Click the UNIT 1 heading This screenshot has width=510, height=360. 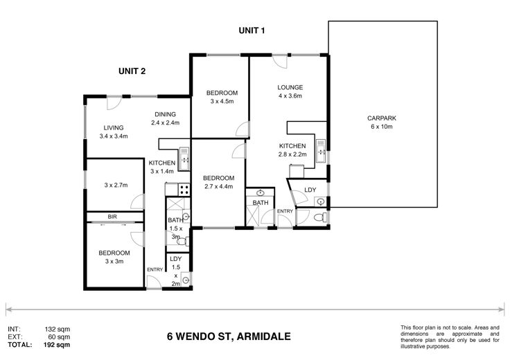point(252,30)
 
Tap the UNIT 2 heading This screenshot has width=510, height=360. point(132,71)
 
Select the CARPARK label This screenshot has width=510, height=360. point(382,118)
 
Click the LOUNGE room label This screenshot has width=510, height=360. point(290,87)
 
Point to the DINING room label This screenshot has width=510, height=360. point(165,114)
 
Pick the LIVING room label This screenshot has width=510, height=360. point(114,128)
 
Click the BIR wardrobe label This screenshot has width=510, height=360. point(112,217)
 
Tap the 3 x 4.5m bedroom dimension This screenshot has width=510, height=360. point(222,101)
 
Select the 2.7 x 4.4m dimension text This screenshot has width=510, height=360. point(218,186)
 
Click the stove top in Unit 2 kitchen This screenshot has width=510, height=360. point(184,190)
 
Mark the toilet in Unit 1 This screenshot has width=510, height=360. point(321,217)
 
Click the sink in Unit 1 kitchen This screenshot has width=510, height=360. point(321,151)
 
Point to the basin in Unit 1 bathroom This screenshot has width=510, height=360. point(261,193)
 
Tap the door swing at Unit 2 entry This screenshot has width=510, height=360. point(154,282)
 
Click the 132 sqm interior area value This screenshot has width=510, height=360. point(58,330)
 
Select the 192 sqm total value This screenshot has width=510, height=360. point(57,345)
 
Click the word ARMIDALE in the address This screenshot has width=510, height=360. point(264,336)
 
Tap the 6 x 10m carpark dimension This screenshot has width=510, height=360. point(382,127)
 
